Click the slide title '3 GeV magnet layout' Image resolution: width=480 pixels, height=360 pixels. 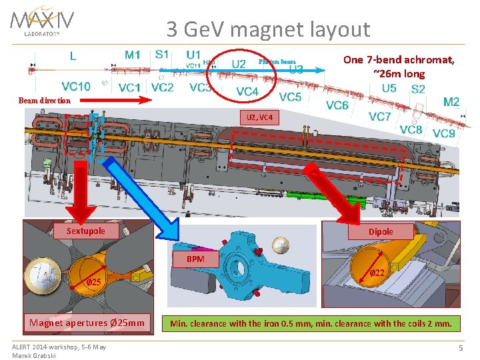point(268,29)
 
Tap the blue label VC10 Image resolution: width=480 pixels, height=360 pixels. point(76,86)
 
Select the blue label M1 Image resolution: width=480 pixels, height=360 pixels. point(133,55)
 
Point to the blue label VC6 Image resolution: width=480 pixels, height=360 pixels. point(337,105)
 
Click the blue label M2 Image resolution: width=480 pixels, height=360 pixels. point(451,101)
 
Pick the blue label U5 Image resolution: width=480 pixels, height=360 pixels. point(389,88)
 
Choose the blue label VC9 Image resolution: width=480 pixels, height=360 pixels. point(444,133)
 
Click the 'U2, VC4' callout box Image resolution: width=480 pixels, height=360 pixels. point(259,117)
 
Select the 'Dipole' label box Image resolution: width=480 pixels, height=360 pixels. point(381,231)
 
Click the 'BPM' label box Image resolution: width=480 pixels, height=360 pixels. point(195,259)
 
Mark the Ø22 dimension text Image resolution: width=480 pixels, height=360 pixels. point(377,273)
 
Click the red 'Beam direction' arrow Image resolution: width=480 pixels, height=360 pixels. point(111,100)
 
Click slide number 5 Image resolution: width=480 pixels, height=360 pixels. point(461,348)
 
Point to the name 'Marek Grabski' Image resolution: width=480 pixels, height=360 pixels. point(34,355)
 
